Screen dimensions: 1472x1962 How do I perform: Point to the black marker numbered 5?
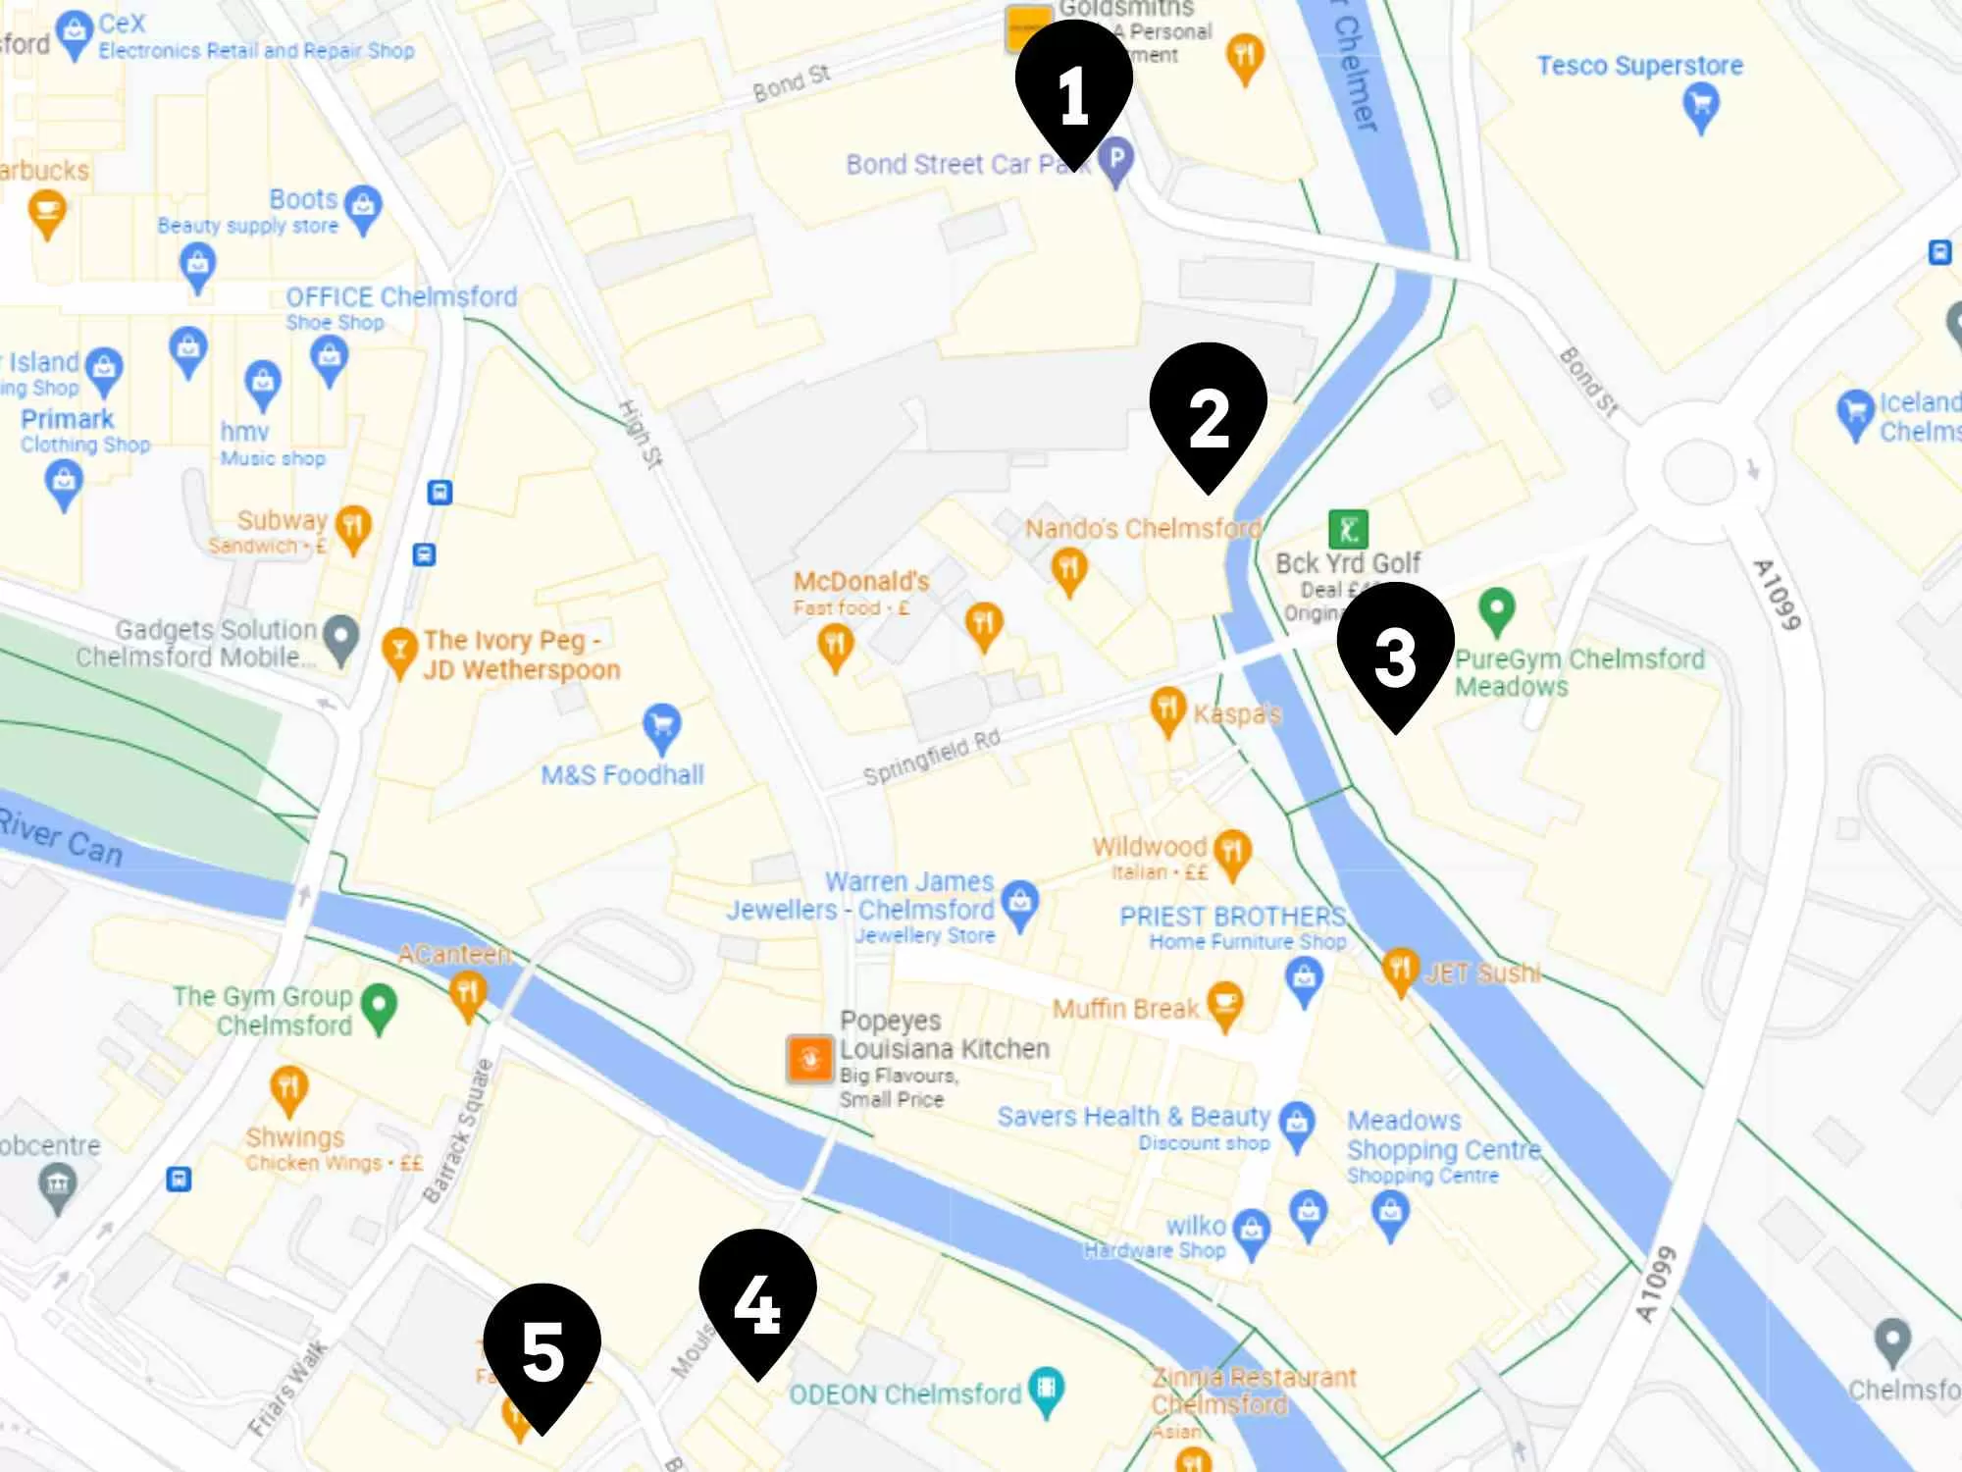click(x=542, y=1352)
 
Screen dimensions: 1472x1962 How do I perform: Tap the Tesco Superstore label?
click(x=1639, y=66)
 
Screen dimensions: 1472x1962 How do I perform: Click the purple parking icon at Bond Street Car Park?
click(x=1116, y=159)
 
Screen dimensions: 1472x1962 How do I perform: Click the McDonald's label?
click(x=860, y=581)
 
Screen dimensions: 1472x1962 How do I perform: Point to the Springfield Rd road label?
click(x=931, y=758)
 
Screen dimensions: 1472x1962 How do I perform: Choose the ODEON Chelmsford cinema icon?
click(x=1047, y=1389)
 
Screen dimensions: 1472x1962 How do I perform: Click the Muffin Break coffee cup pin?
click(x=1224, y=1003)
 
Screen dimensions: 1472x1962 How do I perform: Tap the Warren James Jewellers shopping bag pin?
click(x=1020, y=901)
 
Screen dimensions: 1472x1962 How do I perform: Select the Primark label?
click(x=67, y=419)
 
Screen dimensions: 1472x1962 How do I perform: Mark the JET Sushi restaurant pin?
click(x=1400, y=970)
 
